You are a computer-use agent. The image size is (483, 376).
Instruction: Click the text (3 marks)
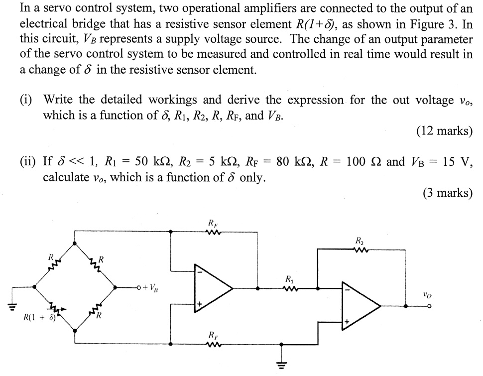(447, 193)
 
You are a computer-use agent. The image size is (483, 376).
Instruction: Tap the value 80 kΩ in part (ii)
(303, 162)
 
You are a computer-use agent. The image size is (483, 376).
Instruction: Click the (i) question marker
(27, 100)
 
